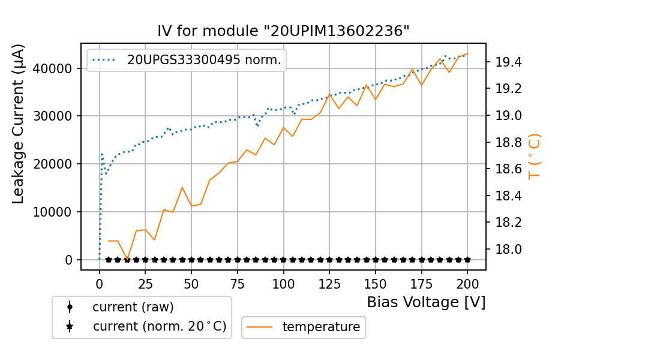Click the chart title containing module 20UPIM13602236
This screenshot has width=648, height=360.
click(x=283, y=31)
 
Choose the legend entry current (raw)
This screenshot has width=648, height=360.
click(x=133, y=307)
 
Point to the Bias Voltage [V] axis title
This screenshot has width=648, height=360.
click(x=426, y=302)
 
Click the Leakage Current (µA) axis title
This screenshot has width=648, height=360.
click(x=19, y=124)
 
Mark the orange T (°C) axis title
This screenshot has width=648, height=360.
click(x=534, y=157)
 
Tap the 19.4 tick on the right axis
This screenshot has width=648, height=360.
click(x=507, y=62)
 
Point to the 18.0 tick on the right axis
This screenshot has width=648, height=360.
click(x=507, y=249)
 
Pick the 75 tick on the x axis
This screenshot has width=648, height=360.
click(x=237, y=283)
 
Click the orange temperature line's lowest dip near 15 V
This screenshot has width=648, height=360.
click(x=127, y=259)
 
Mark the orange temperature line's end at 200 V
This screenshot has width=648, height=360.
click(x=467, y=53)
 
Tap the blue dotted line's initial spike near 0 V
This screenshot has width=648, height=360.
click(x=102, y=154)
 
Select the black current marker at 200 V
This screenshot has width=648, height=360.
click(x=467, y=260)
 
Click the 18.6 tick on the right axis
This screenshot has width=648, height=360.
click(x=507, y=169)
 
